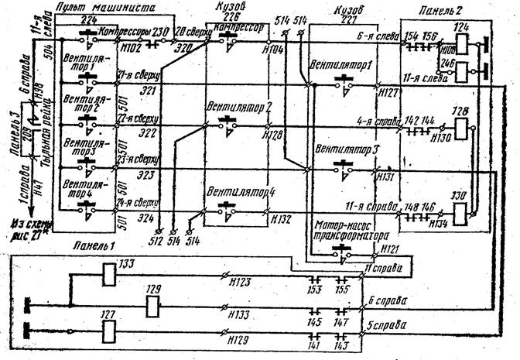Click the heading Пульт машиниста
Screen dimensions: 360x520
pos(110,7)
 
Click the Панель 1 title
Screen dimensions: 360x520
pos(95,246)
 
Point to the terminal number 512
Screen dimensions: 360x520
pos(159,239)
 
